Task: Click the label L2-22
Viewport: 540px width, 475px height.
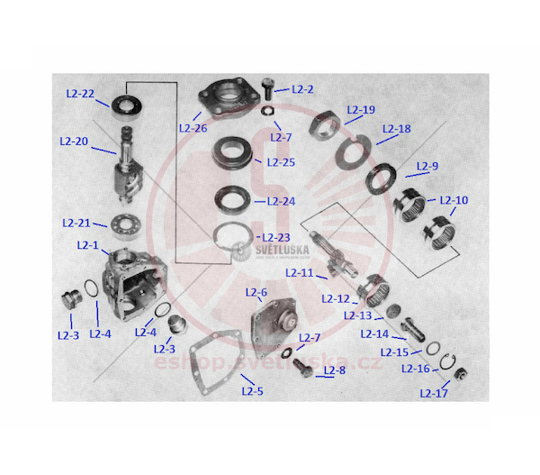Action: (80, 94)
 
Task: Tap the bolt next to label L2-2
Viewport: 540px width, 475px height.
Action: (267, 88)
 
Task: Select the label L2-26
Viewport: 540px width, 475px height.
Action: (193, 128)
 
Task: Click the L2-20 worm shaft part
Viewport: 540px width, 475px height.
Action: (128, 167)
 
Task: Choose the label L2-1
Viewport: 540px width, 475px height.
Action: (88, 245)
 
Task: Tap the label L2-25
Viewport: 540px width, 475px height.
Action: (281, 162)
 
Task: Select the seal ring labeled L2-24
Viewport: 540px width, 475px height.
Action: (233, 200)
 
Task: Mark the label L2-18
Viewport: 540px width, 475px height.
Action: (397, 129)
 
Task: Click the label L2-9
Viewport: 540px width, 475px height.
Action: (427, 166)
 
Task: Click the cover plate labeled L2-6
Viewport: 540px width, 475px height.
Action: (274, 325)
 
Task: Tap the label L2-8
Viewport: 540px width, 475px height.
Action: (335, 370)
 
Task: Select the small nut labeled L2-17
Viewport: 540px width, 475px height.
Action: (461, 374)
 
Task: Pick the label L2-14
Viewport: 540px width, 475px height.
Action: (374, 333)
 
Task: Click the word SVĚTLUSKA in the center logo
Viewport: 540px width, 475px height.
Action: (282, 250)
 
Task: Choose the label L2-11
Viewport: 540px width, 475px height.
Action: (300, 273)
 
